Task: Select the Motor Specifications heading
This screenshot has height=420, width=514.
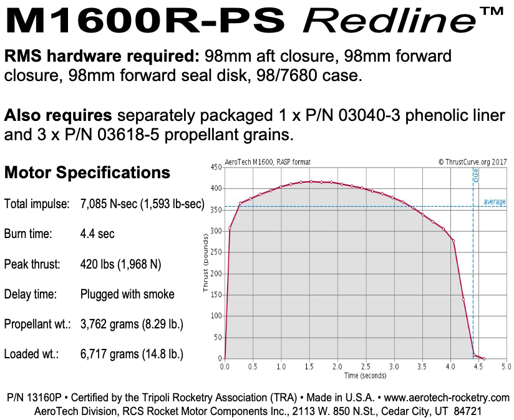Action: [87, 173]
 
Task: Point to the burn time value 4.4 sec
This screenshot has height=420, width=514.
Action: [97, 234]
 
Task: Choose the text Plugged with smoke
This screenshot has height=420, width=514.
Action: [127, 294]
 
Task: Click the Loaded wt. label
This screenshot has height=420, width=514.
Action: [31, 355]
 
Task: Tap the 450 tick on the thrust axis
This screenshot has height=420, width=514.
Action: [216, 167]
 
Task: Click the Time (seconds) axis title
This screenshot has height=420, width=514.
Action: [365, 375]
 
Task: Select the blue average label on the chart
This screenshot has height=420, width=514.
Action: [495, 202]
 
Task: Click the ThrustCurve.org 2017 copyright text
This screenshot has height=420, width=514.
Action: [472, 161]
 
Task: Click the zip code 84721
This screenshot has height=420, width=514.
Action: [463, 411]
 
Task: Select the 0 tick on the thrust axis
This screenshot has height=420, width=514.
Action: [219, 359]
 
